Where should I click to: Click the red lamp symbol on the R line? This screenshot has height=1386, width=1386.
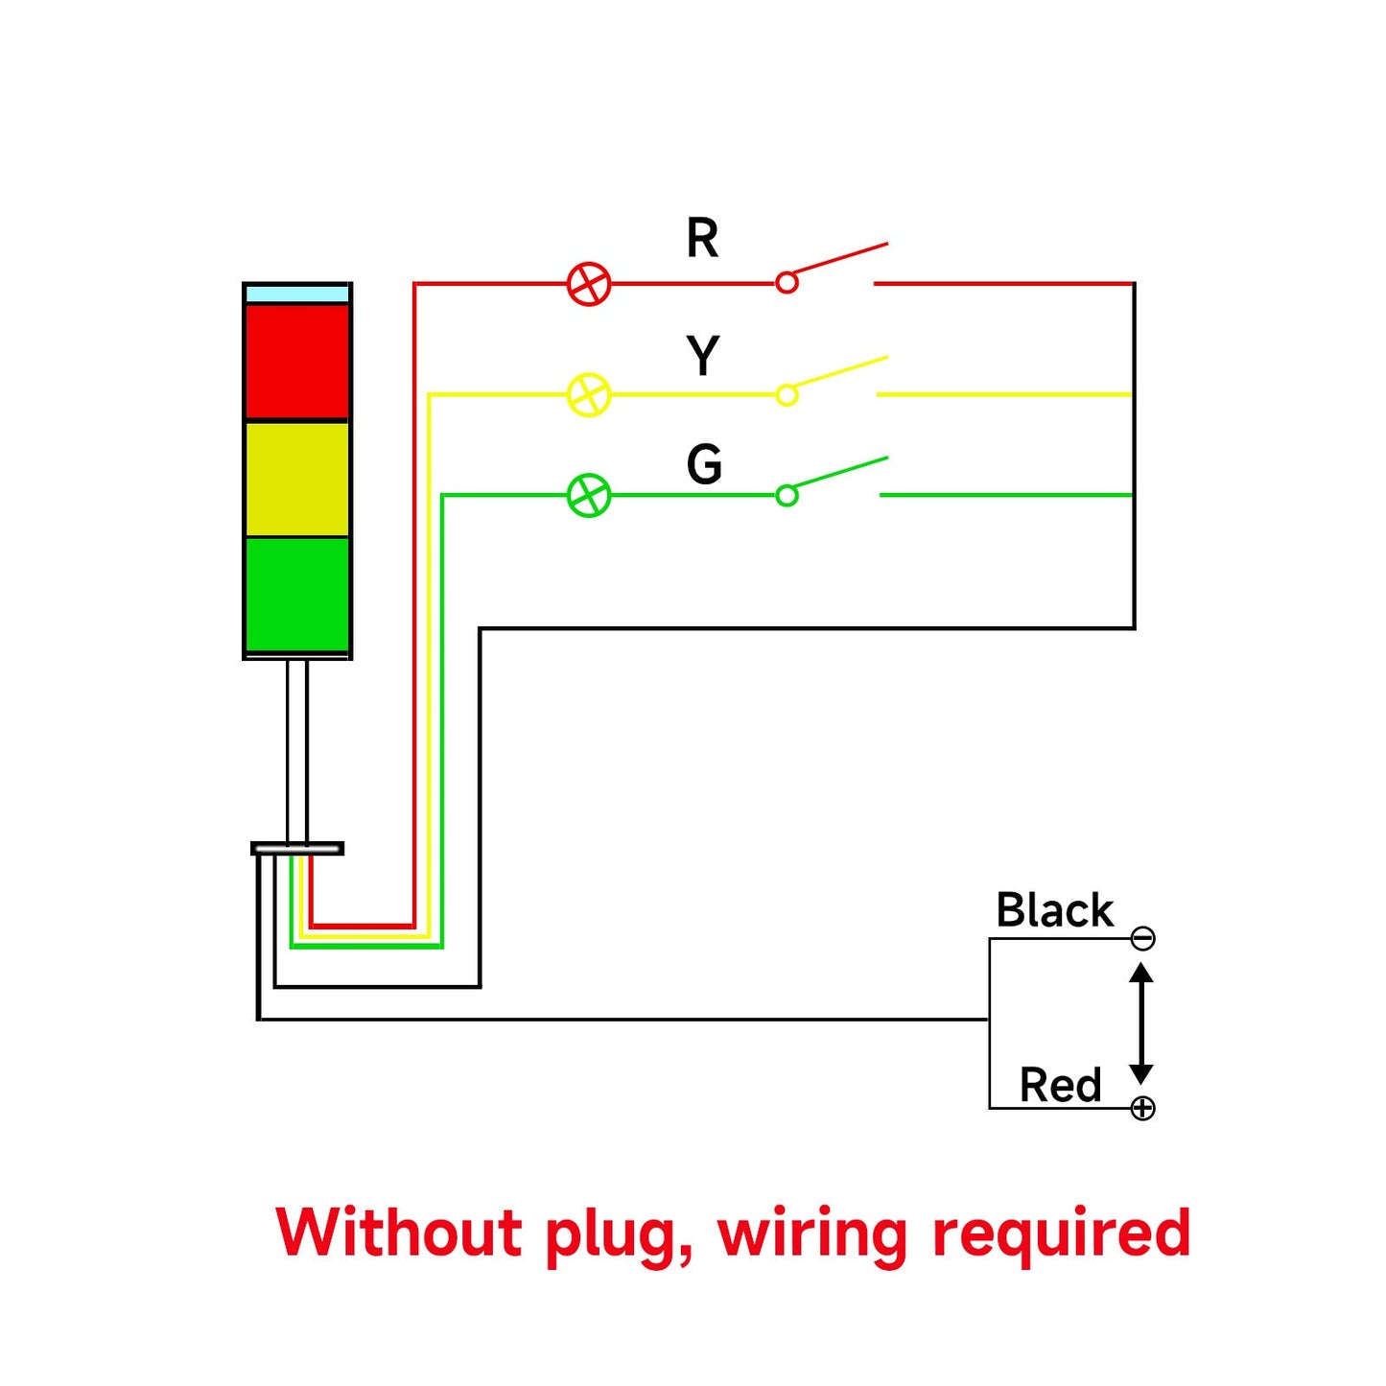click(589, 284)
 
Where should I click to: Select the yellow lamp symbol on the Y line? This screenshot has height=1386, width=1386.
click(589, 394)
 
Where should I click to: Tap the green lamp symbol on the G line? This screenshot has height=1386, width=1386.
click(589, 496)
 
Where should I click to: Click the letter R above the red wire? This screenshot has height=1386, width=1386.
click(702, 238)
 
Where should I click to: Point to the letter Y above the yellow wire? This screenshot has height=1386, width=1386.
click(703, 356)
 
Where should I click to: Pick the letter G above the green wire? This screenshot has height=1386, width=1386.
click(704, 465)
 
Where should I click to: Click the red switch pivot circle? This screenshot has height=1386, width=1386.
click(787, 283)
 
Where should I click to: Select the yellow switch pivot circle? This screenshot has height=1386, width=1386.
click(787, 395)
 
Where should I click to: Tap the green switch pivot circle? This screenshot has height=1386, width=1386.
click(787, 496)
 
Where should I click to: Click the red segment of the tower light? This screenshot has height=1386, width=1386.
click(297, 362)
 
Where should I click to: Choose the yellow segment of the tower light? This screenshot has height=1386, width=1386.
click(297, 479)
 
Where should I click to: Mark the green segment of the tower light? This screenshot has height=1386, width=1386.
click(297, 594)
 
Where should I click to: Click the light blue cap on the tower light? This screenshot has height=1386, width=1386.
click(297, 294)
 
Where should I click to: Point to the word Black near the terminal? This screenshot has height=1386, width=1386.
click(1054, 910)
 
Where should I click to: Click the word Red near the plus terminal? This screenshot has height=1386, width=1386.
click(1060, 1086)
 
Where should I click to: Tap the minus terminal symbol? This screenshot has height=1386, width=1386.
click(1142, 938)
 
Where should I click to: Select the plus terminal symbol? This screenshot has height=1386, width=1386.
click(1142, 1109)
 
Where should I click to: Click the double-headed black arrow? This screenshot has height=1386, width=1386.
click(1140, 1023)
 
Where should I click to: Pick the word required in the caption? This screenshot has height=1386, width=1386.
click(1062, 1234)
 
